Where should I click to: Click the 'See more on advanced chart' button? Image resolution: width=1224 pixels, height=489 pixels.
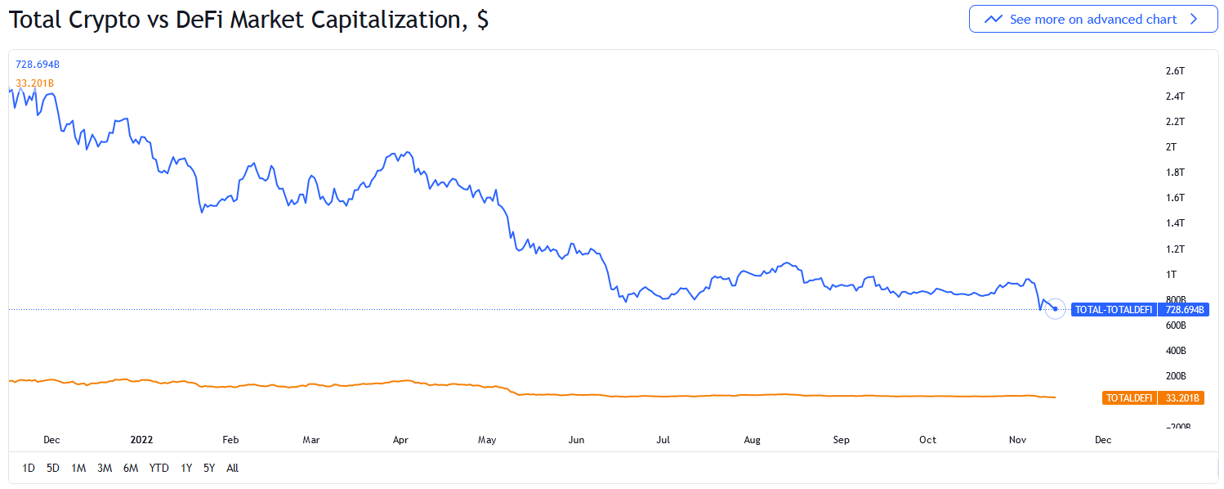(x=1092, y=19)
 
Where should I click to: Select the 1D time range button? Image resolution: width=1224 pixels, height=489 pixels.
(x=29, y=468)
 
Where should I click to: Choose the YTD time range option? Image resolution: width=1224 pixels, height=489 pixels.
(x=159, y=468)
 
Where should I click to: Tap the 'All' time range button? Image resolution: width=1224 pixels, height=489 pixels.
(x=232, y=468)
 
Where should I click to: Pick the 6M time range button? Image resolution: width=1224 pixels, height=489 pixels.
(x=131, y=468)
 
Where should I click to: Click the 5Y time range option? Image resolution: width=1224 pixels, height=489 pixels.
(x=209, y=468)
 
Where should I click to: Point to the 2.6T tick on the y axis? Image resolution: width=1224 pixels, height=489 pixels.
(x=1175, y=71)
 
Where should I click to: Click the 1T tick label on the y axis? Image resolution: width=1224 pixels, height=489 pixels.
(x=1171, y=274)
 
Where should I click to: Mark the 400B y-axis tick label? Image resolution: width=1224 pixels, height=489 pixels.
(x=1176, y=351)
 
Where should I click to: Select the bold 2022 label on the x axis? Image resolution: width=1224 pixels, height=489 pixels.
(x=142, y=440)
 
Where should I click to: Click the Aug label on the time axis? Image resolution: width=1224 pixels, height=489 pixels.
(x=752, y=440)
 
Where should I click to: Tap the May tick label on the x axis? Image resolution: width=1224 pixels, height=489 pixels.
(x=487, y=440)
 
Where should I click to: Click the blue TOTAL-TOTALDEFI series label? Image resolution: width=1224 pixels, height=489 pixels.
(x=1114, y=310)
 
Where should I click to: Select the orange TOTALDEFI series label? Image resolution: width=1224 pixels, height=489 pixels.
(x=1128, y=398)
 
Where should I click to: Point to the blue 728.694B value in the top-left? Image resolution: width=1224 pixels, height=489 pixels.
(x=38, y=64)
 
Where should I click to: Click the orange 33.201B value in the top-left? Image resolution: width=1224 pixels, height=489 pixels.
(x=35, y=83)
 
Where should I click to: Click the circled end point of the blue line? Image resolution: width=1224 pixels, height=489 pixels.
(x=1055, y=309)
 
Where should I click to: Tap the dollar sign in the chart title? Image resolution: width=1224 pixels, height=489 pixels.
(x=482, y=20)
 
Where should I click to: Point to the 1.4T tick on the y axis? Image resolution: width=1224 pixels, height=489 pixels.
(x=1175, y=223)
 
